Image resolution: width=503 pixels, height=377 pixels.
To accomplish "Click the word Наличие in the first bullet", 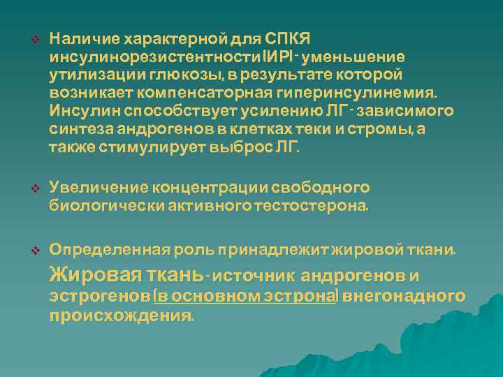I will tap(78, 38).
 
